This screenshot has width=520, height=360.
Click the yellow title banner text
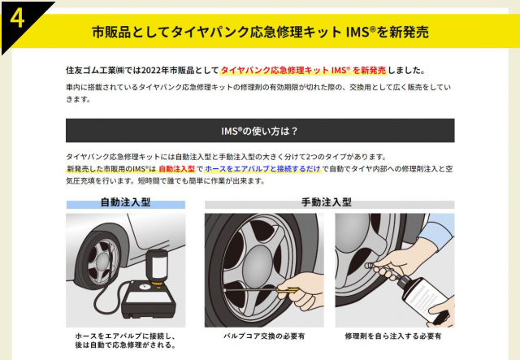(260, 32)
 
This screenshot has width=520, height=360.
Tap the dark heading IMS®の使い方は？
(260, 131)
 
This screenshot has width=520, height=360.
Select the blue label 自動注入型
(125, 202)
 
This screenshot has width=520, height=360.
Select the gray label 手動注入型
(327, 202)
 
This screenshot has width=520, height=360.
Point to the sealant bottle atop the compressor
(157, 267)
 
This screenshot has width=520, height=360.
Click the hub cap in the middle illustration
(258, 264)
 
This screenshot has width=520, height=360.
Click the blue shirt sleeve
(438, 228)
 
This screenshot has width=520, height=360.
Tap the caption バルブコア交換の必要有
(264, 336)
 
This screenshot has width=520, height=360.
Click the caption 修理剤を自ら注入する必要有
(393, 336)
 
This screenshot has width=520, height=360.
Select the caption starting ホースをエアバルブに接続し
(125, 340)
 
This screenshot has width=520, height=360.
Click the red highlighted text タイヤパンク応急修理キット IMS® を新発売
(303, 71)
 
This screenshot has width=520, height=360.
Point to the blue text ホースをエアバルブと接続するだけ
(262, 169)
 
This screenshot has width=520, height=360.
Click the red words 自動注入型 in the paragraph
(177, 169)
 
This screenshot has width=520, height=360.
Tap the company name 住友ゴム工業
(90, 71)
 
